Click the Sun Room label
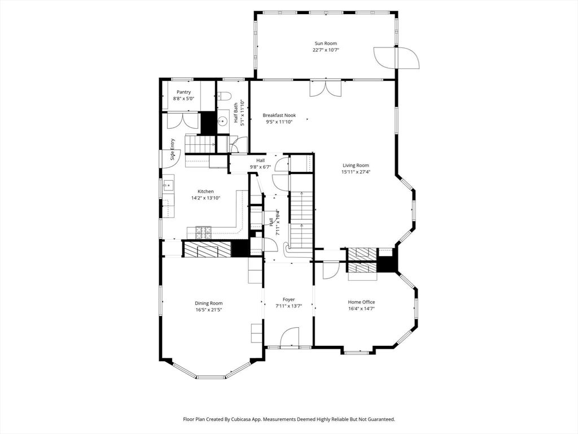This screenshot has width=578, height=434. click(326, 43)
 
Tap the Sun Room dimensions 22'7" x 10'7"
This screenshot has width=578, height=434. click(326, 50)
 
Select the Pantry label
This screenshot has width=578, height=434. click(183, 92)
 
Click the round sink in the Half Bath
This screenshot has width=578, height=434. click(223, 120)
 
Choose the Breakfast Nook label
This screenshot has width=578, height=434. click(279, 115)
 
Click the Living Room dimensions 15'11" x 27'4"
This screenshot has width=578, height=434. click(356, 172)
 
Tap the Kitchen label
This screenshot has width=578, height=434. click(205, 191)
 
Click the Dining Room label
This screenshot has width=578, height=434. click(209, 303)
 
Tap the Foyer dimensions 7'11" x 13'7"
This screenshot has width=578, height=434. click(288, 306)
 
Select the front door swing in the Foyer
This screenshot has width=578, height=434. click(290, 337)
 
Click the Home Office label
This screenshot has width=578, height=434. click(361, 302)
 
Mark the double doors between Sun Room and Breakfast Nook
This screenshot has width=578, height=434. click(326, 88)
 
